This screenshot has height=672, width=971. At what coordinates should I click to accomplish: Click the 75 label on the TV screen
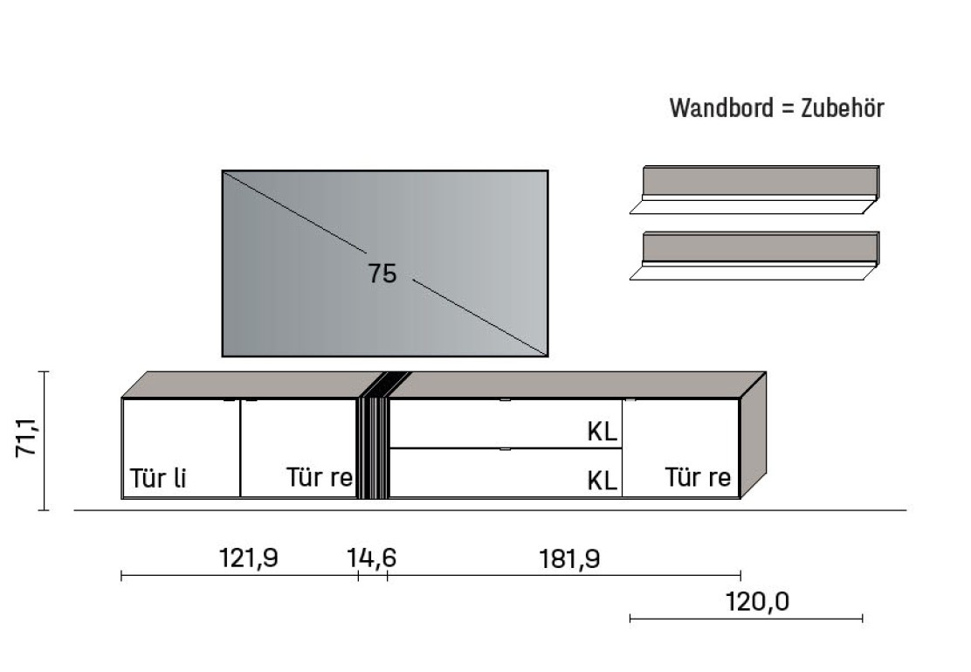(382, 274)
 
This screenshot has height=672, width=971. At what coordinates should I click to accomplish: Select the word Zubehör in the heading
(843, 108)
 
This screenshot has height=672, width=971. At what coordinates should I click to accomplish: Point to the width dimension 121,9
(248, 558)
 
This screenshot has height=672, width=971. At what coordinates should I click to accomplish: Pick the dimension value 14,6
(373, 558)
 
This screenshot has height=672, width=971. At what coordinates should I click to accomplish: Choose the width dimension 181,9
(569, 558)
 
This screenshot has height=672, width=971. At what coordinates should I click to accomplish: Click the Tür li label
(159, 479)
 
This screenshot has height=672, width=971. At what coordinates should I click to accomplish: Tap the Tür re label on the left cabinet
(320, 478)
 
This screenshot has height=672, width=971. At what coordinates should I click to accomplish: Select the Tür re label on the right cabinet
(698, 478)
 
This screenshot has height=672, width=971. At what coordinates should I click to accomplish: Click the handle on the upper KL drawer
(505, 401)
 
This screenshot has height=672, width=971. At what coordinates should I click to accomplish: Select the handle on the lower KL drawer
(505, 450)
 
